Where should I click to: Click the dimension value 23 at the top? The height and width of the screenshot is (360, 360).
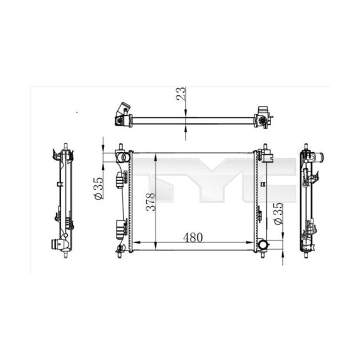(180, 93)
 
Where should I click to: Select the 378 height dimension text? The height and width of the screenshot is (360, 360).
(151, 201)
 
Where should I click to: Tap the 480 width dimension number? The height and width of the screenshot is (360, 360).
(193, 237)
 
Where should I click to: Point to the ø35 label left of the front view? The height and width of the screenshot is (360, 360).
(98, 188)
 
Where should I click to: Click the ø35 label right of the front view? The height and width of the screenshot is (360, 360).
(278, 214)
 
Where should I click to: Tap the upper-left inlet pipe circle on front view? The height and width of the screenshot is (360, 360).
(125, 157)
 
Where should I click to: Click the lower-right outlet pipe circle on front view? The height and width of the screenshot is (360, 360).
(262, 244)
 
